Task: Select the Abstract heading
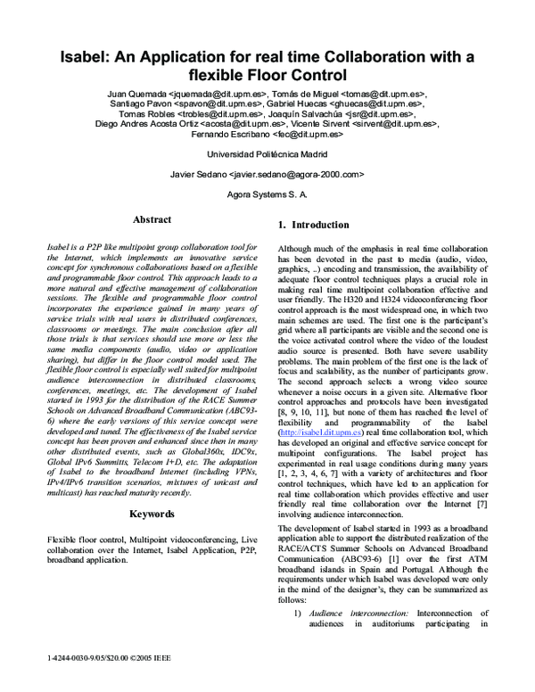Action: point(152,220)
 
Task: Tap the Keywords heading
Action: point(152,515)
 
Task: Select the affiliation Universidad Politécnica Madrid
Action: point(267,152)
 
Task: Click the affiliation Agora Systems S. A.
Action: point(267,194)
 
